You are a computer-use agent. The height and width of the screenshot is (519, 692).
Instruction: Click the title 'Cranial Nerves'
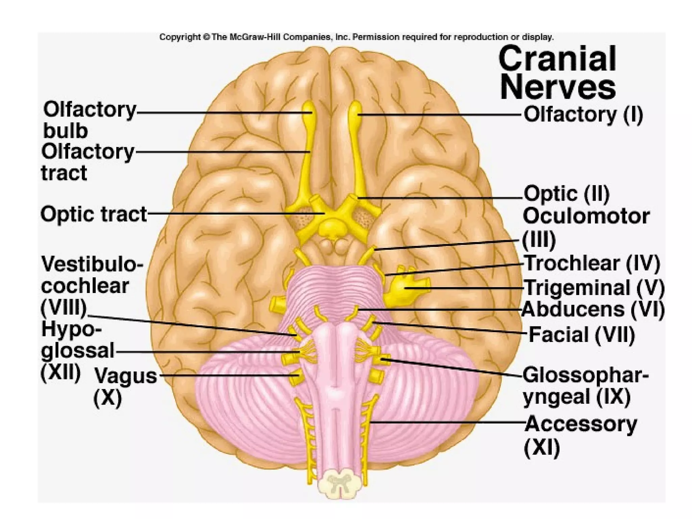click(558, 73)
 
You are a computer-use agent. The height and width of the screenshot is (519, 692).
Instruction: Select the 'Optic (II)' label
click(567, 194)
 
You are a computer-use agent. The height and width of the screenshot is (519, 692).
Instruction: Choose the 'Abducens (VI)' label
click(593, 309)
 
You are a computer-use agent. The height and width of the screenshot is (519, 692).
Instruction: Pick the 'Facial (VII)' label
click(582, 335)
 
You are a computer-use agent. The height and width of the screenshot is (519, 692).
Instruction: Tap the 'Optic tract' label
click(94, 214)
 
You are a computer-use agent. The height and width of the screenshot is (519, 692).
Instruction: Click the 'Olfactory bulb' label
click(89, 120)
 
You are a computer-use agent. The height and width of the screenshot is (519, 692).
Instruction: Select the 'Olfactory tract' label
click(88, 162)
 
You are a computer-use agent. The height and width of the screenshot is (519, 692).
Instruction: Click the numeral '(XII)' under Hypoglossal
click(61, 373)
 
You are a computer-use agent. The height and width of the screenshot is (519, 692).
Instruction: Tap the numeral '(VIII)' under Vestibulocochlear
click(64, 307)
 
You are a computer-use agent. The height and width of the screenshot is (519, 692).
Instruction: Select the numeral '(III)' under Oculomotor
click(539, 240)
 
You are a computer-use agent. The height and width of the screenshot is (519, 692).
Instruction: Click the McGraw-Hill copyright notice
click(356, 37)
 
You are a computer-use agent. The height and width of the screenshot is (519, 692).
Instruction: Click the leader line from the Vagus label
click(226, 375)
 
